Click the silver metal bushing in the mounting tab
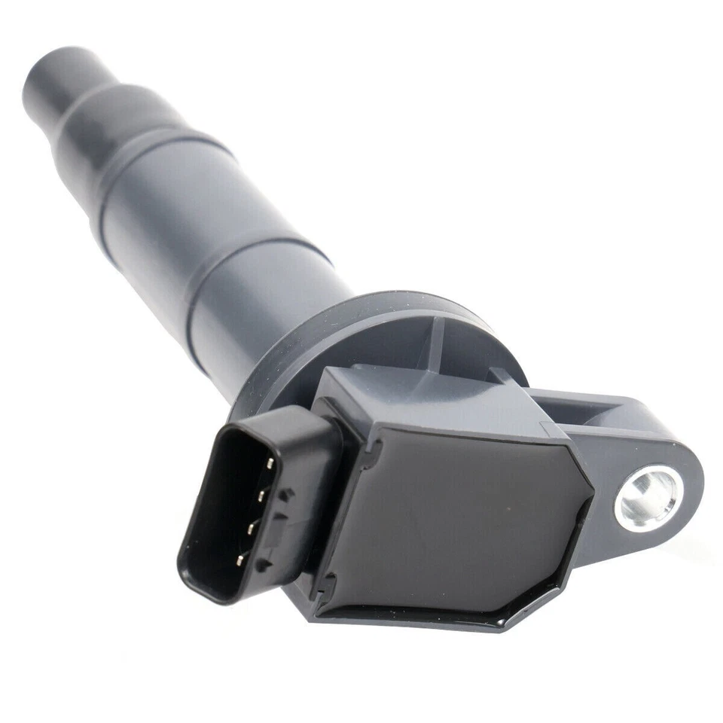647,498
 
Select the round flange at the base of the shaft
377,331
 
